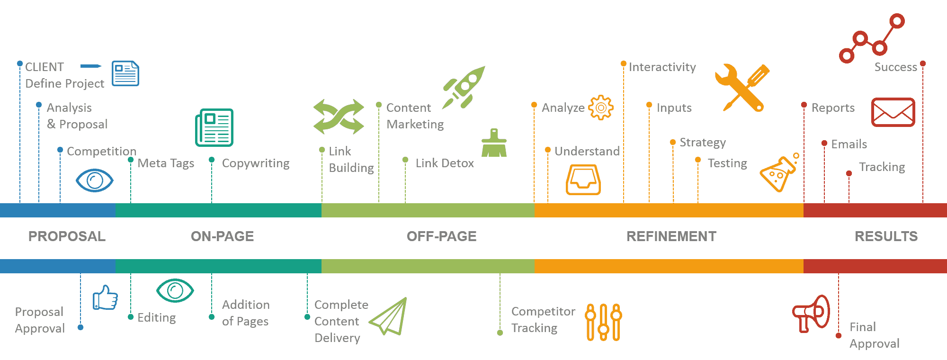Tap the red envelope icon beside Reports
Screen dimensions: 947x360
point(893,112)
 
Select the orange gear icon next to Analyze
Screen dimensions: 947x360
point(601,108)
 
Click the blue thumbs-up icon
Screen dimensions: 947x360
point(105,297)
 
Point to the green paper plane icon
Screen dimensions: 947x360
point(388,316)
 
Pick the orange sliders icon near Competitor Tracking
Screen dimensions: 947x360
point(603,322)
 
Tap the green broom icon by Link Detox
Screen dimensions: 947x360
point(494,143)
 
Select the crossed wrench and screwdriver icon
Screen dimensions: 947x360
point(742,88)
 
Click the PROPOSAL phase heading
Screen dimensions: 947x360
point(67,236)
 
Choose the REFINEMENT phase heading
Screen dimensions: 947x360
point(671,236)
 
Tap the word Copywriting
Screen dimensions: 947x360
point(256,163)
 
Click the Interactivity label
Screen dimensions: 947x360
point(662,67)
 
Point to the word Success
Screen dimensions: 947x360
point(896,67)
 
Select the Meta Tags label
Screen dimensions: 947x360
point(166,163)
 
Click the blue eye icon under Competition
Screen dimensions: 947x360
point(95,180)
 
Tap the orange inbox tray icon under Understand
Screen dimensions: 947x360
point(583,180)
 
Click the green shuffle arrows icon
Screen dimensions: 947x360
point(339,117)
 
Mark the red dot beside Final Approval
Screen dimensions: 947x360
point(839,335)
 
